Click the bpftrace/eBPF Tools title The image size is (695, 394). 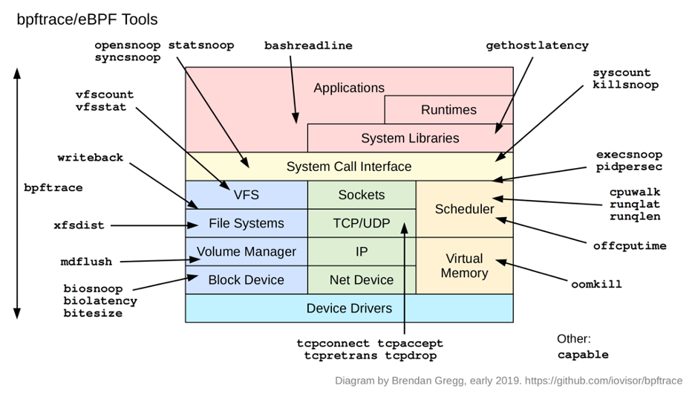(87, 19)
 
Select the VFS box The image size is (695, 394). (246, 195)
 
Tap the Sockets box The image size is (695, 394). (362, 195)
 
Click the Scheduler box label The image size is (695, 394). (464, 209)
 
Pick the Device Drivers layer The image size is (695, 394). (349, 308)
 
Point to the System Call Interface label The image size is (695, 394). (349, 167)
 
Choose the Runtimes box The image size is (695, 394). (448, 110)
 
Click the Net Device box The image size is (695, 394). (362, 280)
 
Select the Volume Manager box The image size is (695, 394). (246, 251)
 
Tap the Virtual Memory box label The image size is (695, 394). (464, 265)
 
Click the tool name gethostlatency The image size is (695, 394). (537, 45)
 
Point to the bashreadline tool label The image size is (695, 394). (308, 45)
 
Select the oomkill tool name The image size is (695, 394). (596, 284)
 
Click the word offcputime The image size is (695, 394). (630, 245)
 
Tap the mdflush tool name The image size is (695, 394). (86, 262)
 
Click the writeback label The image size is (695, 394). (91, 158)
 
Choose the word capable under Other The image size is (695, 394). (583, 355)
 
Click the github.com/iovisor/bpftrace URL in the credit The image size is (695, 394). (604, 381)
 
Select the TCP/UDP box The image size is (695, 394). (362, 223)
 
